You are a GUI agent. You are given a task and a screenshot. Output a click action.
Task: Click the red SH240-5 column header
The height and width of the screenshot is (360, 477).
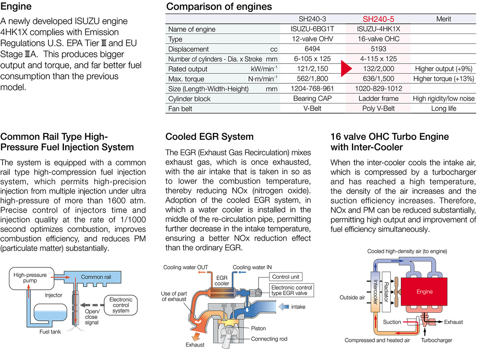pos(378,19)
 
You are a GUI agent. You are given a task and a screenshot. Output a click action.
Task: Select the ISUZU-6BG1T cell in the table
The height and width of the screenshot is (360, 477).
pos(312,29)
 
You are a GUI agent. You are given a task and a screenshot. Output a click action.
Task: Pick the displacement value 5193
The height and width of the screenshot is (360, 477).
pos(378,49)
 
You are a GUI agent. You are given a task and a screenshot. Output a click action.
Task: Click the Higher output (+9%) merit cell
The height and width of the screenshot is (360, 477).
pos(444,69)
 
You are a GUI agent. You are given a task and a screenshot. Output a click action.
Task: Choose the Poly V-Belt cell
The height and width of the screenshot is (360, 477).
pos(378,108)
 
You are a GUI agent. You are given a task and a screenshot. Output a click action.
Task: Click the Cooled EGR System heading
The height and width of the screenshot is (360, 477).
pos(209,136)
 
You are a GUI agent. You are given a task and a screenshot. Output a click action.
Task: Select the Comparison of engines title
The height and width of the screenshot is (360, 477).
pos(219,7)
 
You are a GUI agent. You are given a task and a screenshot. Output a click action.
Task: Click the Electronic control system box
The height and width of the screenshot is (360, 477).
pos(121,305)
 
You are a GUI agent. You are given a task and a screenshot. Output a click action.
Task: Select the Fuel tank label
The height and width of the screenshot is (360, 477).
pos(51,332)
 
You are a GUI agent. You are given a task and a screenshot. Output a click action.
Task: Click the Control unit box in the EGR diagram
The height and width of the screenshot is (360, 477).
pos(286,277)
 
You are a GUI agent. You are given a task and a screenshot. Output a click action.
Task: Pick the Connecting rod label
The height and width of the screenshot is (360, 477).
pos(269,339)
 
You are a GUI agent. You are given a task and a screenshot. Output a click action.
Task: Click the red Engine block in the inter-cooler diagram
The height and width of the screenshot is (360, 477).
pos(424,291)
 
